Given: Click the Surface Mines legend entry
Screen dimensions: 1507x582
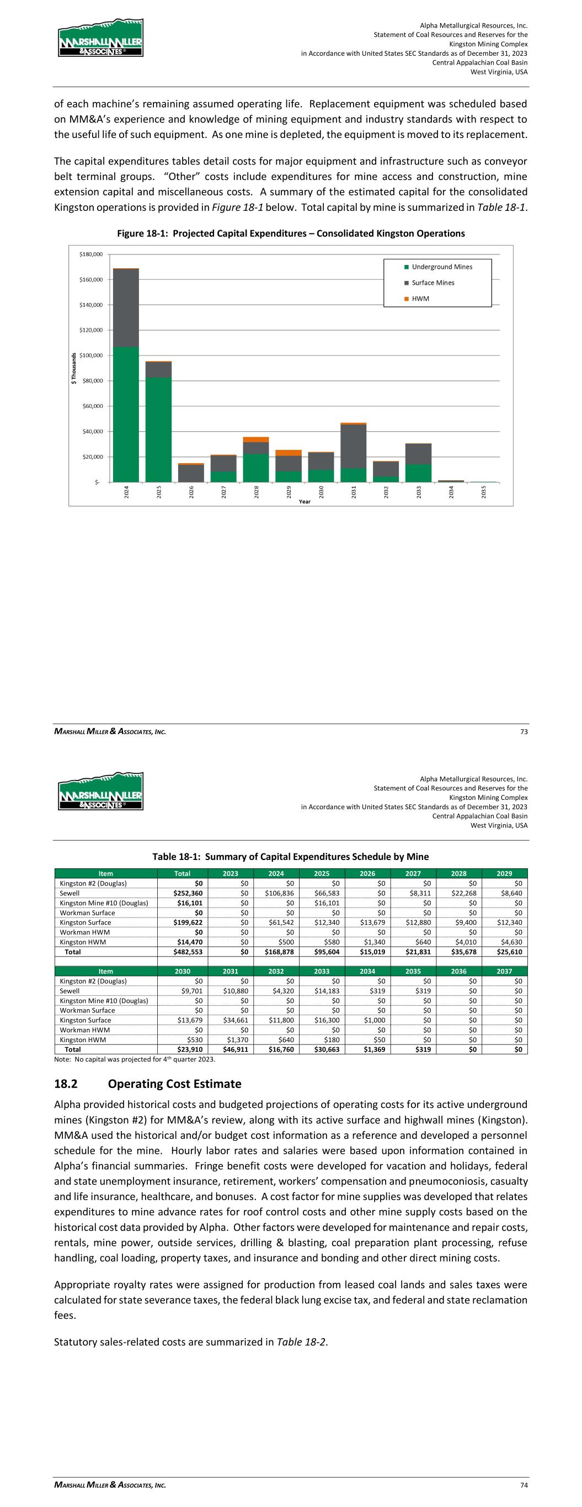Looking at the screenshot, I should pos(433,283).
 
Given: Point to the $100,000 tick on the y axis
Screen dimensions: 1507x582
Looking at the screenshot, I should pos(90,355).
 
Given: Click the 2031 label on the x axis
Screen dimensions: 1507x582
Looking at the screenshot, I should pos(354,492).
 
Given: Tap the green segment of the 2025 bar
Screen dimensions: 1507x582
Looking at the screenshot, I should pos(158,429).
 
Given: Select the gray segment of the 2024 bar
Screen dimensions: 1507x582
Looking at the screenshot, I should pos(126,307).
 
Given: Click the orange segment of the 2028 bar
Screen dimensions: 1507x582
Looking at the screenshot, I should pos(256,439).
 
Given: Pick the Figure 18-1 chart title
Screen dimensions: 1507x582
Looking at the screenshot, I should pos(291,234).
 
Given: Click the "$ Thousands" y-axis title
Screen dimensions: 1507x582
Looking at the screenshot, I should pos(74,369).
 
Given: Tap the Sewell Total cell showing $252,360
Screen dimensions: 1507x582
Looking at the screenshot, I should pos(190,893).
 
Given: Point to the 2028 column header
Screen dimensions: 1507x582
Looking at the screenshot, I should pos(458,874).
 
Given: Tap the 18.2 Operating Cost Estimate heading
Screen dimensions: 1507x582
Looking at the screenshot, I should pos(147,1084).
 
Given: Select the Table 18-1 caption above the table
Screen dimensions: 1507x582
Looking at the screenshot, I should pos(291,857).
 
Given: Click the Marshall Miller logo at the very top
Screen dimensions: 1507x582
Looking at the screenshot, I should pos(100,38).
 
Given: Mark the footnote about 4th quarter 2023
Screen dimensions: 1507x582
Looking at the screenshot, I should pos(135,1059).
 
